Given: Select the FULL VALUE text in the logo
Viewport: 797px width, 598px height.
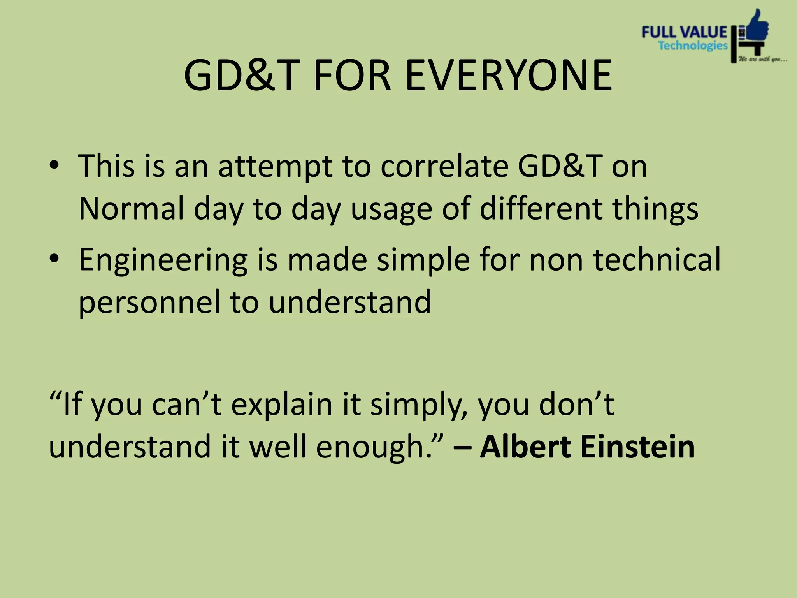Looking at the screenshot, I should (x=684, y=32).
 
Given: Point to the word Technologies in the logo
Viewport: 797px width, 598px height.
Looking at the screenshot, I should (x=693, y=46).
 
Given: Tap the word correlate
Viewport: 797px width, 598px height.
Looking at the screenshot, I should (x=444, y=166).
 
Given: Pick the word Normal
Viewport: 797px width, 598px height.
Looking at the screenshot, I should (x=131, y=208).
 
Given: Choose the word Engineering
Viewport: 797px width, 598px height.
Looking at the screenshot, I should (x=163, y=260).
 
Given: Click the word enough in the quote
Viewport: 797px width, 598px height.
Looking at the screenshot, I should (x=374, y=447).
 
